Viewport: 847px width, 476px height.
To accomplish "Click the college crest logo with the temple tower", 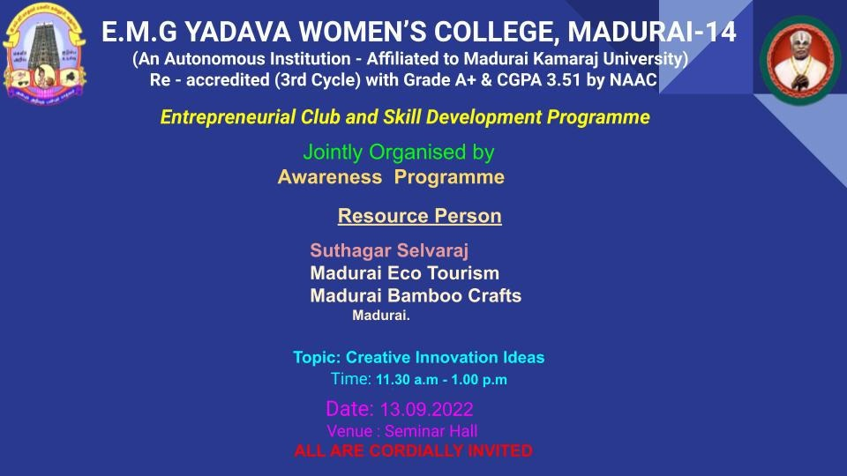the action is click(x=44, y=54).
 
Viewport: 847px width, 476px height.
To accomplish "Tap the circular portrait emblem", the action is click(x=800, y=60).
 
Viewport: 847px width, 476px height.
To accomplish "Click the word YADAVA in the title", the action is click(x=237, y=32).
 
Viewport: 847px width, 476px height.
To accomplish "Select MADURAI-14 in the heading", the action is click(x=651, y=32).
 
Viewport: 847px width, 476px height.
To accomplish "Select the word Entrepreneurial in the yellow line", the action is click(x=228, y=117).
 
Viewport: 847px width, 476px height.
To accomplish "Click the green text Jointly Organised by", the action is click(x=399, y=152).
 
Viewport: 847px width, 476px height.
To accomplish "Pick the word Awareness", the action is click(x=329, y=177).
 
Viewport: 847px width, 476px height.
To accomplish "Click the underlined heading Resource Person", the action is click(x=420, y=216).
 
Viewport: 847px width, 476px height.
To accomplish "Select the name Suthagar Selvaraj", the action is click(x=389, y=250).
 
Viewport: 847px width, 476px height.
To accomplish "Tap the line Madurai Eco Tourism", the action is click(x=405, y=273).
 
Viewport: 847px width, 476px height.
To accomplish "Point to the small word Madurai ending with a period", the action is click(x=381, y=316).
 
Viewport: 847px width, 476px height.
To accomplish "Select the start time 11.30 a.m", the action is click(x=407, y=379).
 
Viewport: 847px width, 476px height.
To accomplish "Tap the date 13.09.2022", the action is click(x=427, y=410).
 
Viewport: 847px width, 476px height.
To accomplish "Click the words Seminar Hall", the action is click(x=431, y=431).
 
